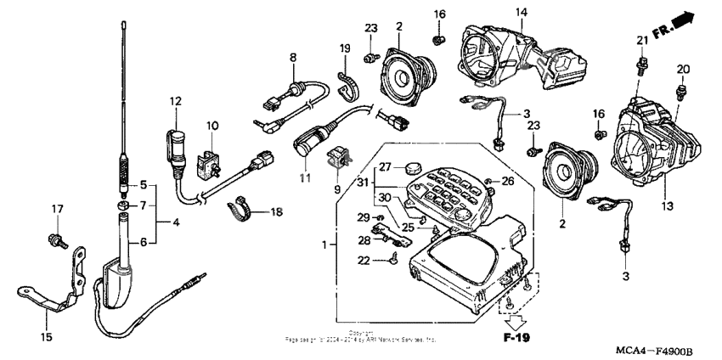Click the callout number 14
pyautogui.click(x=521, y=12)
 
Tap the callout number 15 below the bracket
pyautogui.click(x=47, y=337)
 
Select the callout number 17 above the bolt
pyautogui.click(x=58, y=209)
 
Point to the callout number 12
pyautogui.click(x=176, y=102)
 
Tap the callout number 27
pyautogui.click(x=385, y=166)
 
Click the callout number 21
pyautogui.click(x=642, y=41)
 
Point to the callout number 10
pyautogui.click(x=212, y=126)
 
